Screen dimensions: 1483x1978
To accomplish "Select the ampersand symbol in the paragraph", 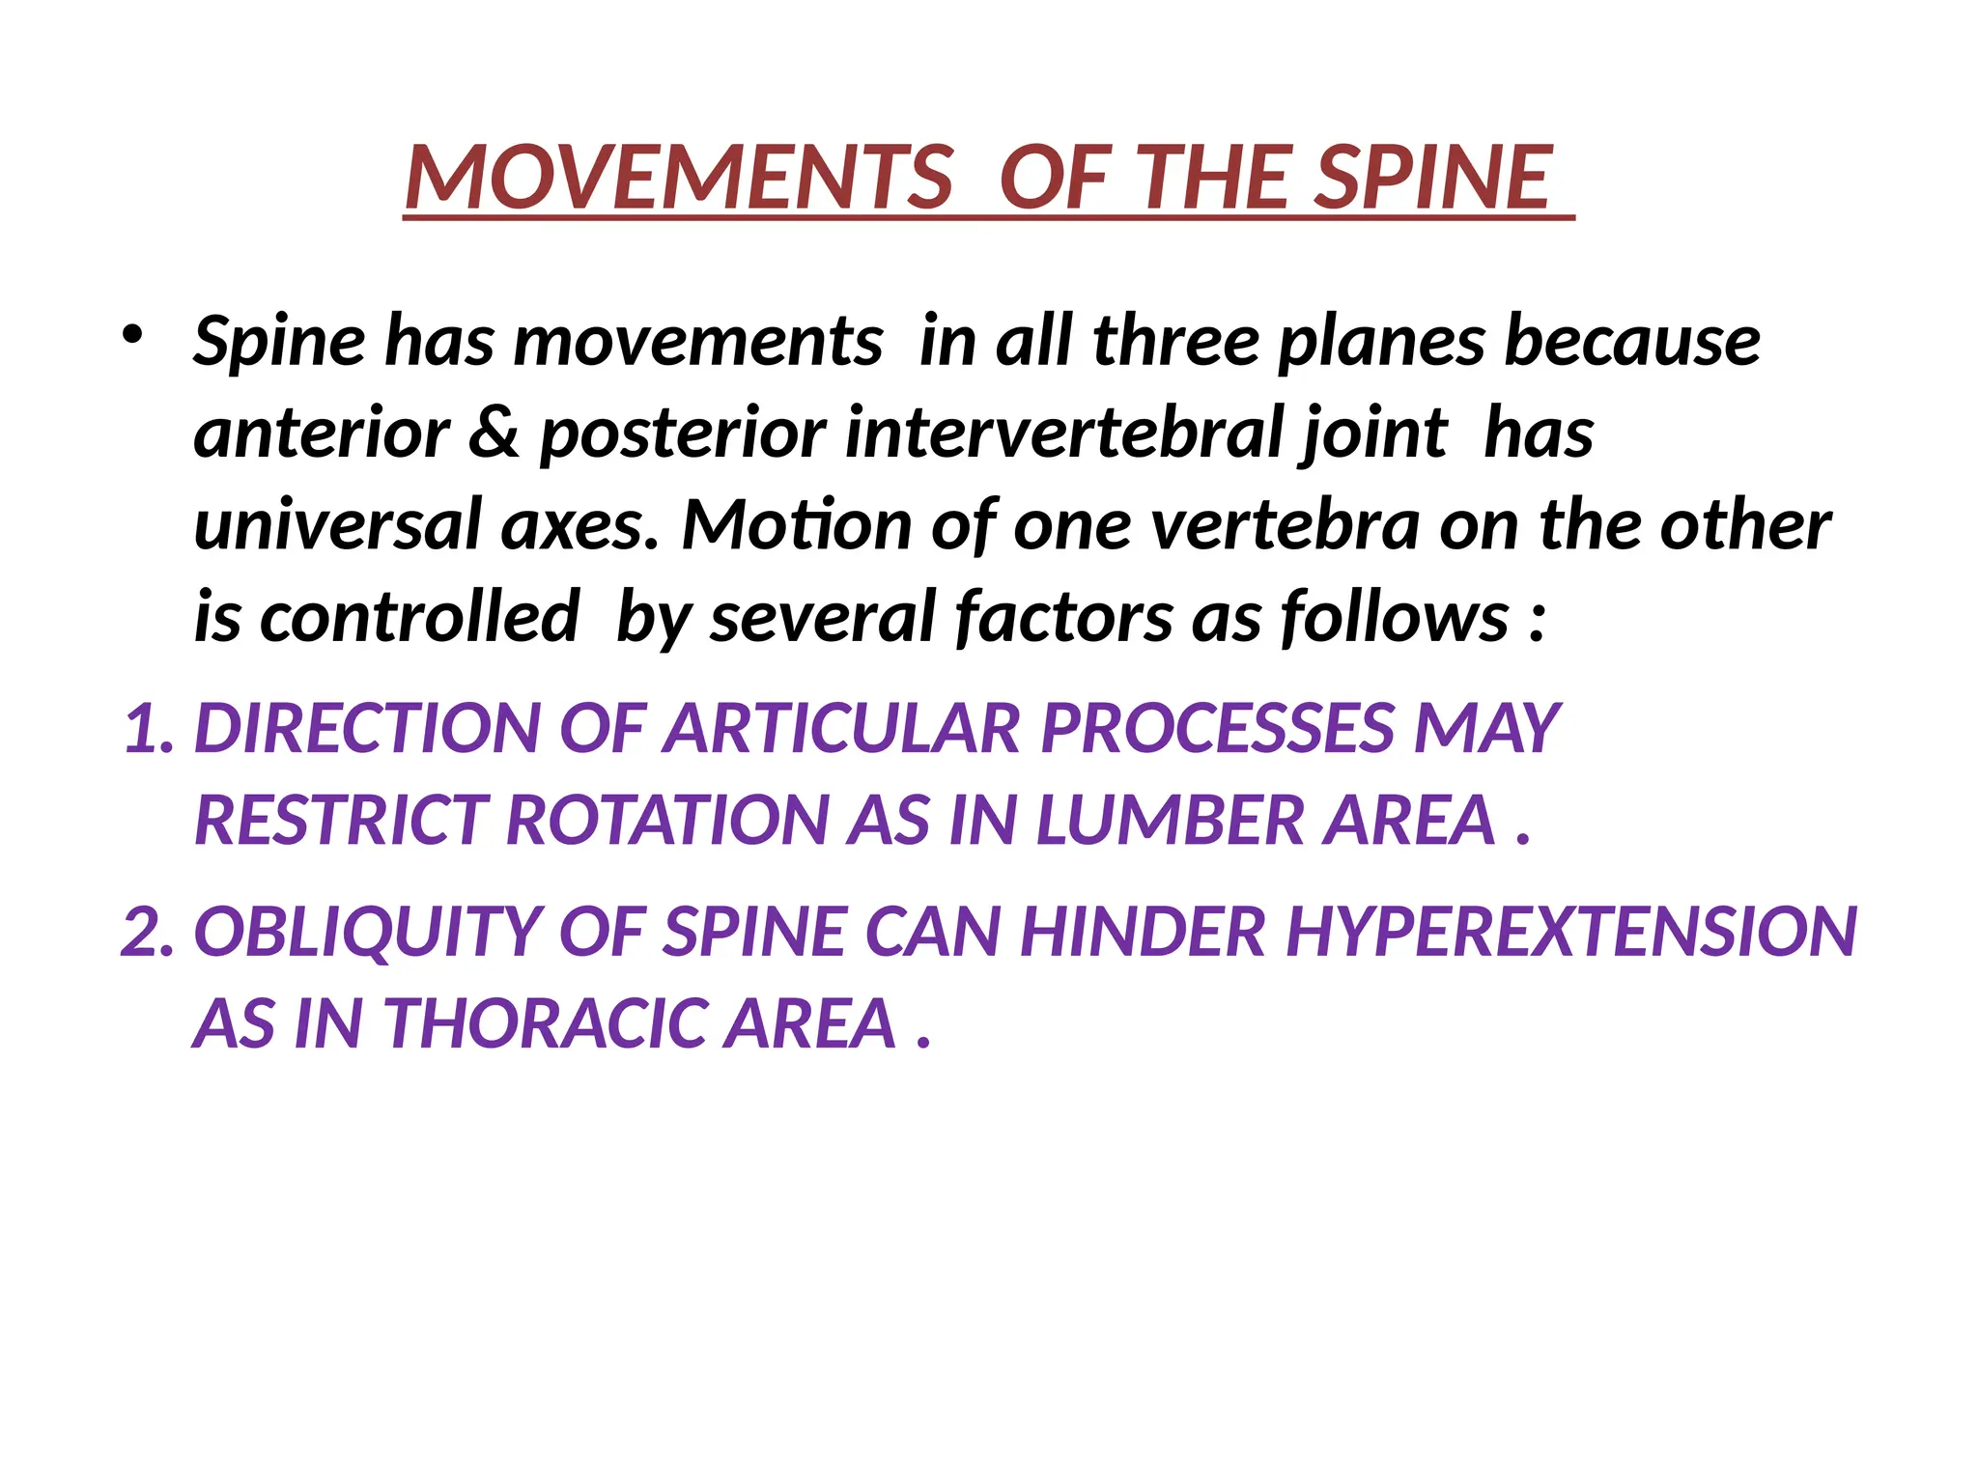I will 494,433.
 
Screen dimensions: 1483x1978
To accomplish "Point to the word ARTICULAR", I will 841,728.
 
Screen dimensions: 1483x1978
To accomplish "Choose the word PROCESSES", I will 1216,728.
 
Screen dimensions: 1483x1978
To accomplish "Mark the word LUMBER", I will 1170,821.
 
